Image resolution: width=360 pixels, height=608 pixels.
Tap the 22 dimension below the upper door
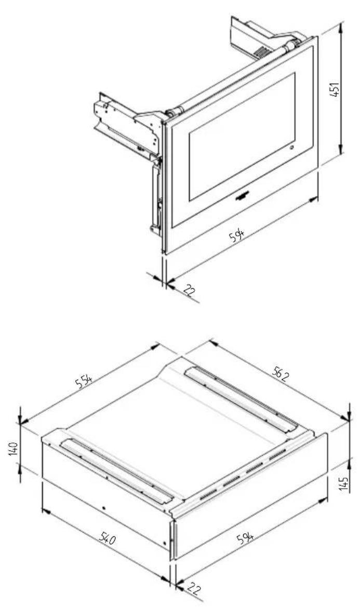point(189,292)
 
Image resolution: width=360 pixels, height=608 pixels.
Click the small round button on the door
point(289,150)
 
